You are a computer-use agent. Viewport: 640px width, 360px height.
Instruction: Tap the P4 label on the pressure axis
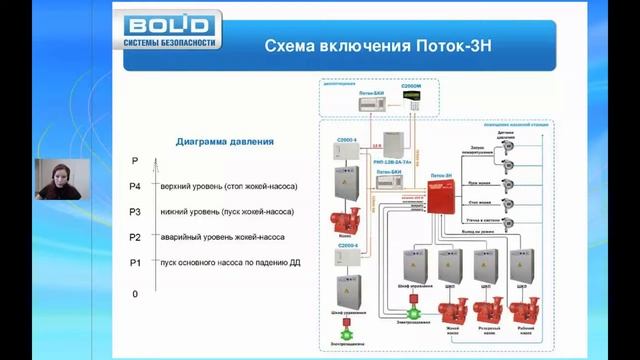coord(135,187)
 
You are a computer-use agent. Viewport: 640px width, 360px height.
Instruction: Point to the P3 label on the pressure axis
coord(135,212)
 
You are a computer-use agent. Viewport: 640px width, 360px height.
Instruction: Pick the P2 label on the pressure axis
coord(135,237)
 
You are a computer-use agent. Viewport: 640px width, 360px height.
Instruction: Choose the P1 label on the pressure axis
coord(135,262)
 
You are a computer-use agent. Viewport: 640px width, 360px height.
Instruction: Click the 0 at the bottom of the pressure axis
coord(135,294)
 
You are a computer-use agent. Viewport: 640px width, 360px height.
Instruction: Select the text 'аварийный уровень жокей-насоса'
coord(219,237)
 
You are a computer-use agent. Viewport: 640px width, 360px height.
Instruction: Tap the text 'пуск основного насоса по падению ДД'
coord(230,262)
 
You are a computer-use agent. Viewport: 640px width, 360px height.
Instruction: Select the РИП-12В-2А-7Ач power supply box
coord(395,146)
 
